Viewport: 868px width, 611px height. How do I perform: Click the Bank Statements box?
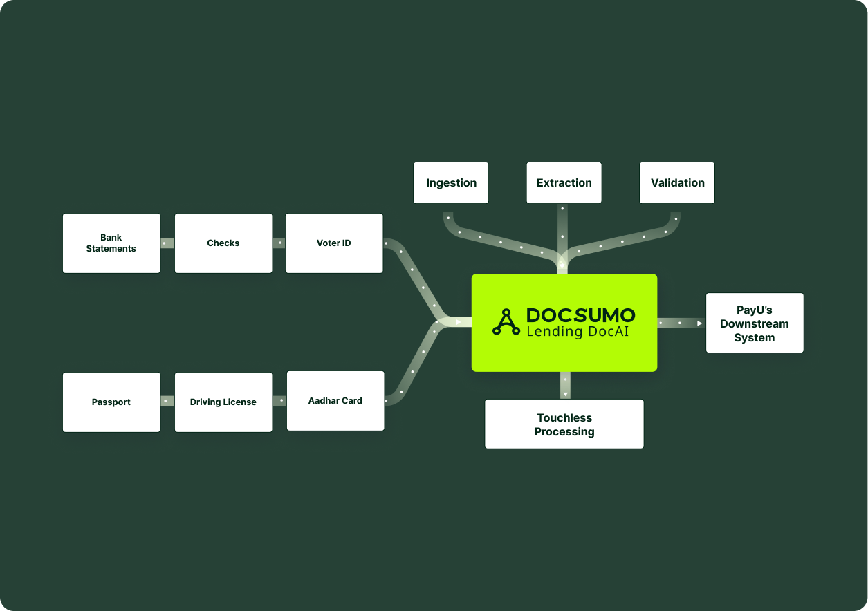[x=111, y=243]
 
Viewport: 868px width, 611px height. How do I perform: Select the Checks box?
[x=223, y=243]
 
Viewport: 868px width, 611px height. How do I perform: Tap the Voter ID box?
[x=333, y=243]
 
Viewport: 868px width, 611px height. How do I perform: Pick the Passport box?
[x=111, y=402]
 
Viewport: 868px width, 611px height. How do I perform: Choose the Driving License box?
[x=223, y=402]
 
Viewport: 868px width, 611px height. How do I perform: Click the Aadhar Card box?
[x=335, y=401]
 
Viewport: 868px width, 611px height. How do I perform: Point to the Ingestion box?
[x=451, y=183]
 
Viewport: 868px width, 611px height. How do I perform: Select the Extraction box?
[x=564, y=183]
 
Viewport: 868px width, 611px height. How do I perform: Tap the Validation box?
[x=677, y=183]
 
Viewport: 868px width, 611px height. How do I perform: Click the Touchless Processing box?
[x=564, y=424]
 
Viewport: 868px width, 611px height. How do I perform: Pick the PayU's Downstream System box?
[x=755, y=323]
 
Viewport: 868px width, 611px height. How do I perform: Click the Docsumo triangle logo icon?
[x=506, y=323]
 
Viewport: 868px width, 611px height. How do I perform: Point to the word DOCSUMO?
[x=580, y=315]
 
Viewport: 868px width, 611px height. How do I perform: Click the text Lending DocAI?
[x=580, y=332]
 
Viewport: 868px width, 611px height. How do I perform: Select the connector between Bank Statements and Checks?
[x=167, y=243]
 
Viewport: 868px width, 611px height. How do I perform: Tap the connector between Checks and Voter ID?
[x=279, y=243]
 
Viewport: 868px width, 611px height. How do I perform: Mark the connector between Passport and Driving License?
[x=167, y=401]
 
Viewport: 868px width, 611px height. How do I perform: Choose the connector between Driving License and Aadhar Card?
[x=279, y=401]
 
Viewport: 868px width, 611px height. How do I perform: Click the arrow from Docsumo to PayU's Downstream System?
[x=681, y=323]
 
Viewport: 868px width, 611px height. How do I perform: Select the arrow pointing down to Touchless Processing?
[x=565, y=386]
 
